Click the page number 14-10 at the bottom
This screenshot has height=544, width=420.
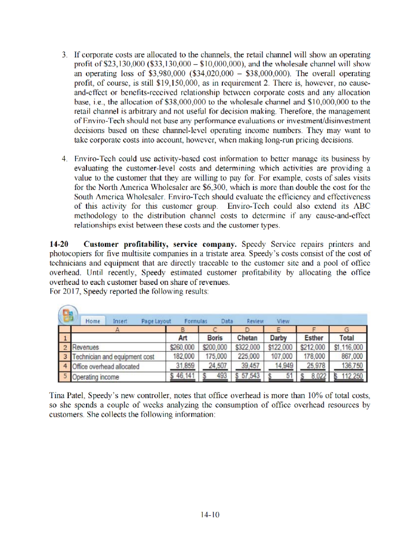coord(210,515)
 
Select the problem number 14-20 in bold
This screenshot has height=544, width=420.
coord(58,244)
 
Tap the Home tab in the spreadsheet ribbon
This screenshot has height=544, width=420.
coord(92,321)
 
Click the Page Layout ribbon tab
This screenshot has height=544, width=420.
coord(156,321)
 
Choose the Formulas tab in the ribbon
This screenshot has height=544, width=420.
coord(196,321)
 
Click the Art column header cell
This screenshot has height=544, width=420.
coord(182,338)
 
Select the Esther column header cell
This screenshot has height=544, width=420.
coord(314,338)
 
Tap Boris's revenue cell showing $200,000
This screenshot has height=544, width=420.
coord(215,347)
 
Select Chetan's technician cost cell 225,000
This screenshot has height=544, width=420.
coord(248,357)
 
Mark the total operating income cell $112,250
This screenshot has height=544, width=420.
coord(348,376)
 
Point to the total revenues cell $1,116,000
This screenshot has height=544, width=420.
coord(348,347)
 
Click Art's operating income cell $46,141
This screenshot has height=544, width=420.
coord(182,376)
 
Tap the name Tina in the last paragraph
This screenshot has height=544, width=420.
coord(57,395)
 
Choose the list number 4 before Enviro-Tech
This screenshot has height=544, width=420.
coord(64,159)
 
